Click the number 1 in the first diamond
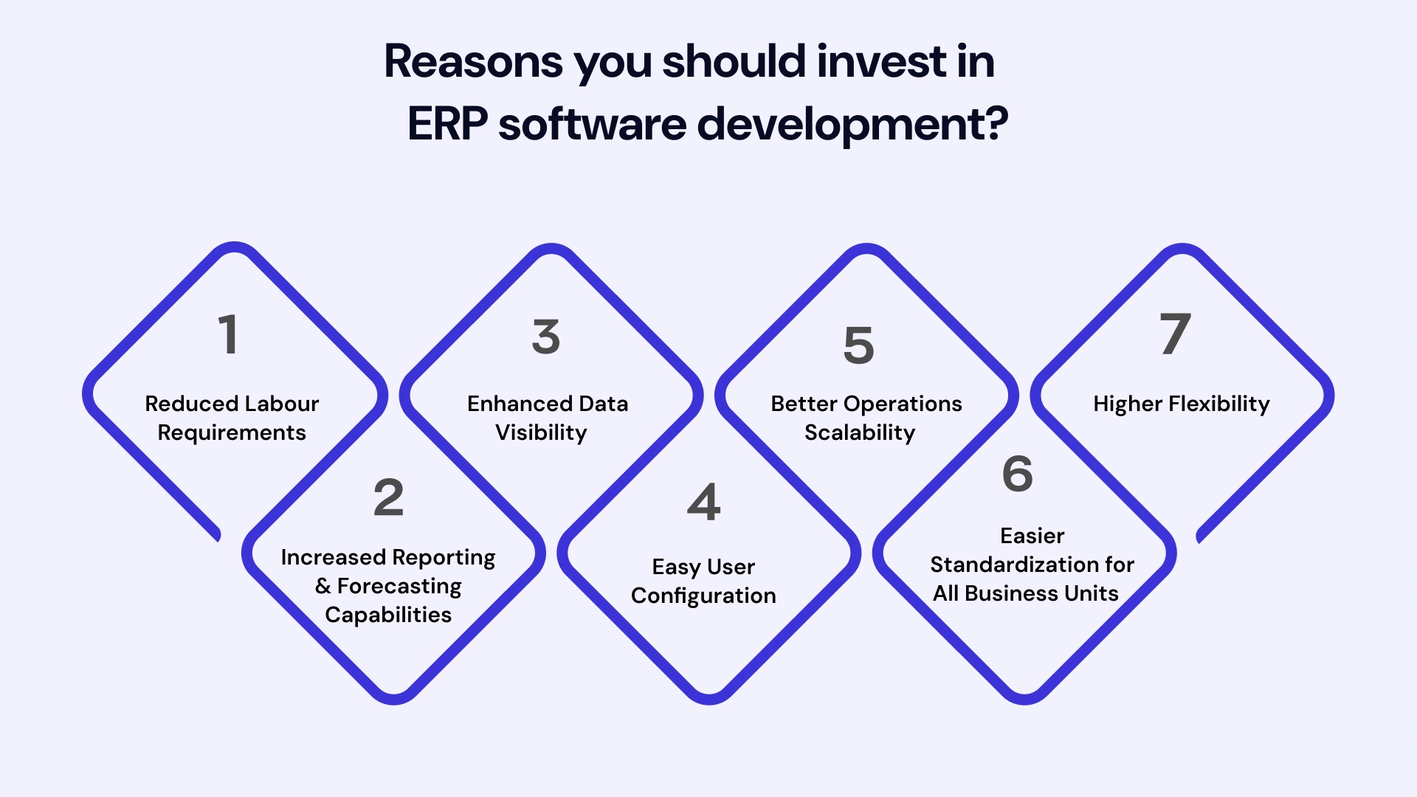[x=229, y=334]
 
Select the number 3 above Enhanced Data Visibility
[x=546, y=337]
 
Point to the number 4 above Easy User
[x=703, y=502]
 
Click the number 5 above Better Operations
[x=859, y=345]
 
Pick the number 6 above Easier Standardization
[x=1018, y=473]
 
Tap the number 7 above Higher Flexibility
[x=1175, y=334]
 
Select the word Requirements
[x=232, y=432]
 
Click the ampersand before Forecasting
[x=323, y=586]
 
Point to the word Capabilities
[x=388, y=615]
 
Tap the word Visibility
[x=541, y=432]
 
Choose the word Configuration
[x=703, y=596]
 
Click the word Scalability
[x=860, y=432]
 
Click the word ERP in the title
[x=447, y=123]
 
